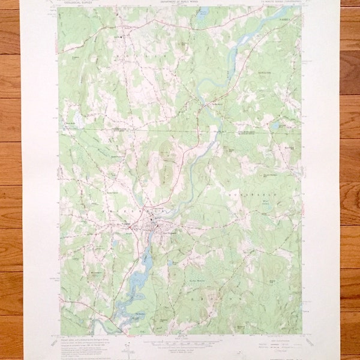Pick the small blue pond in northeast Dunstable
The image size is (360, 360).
(274, 127)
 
